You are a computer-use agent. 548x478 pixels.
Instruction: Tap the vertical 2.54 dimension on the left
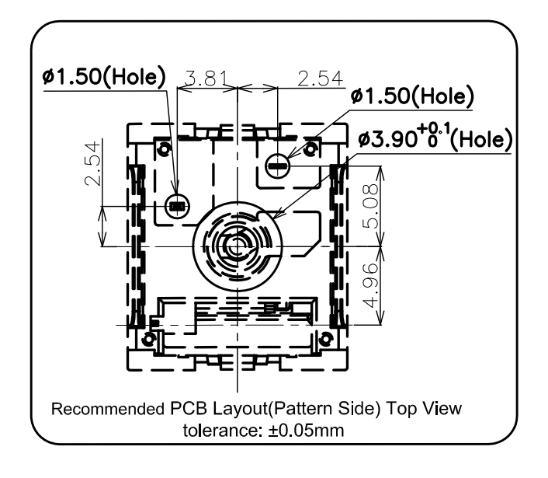[93, 163]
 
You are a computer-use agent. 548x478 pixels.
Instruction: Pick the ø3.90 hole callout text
[435, 138]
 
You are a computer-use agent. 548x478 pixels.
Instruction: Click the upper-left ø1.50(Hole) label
[104, 76]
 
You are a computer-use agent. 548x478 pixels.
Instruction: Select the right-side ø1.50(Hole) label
[412, 96]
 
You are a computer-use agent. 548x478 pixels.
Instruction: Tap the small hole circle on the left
[177, 207]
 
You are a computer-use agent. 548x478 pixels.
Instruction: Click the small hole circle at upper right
[278, 166]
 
